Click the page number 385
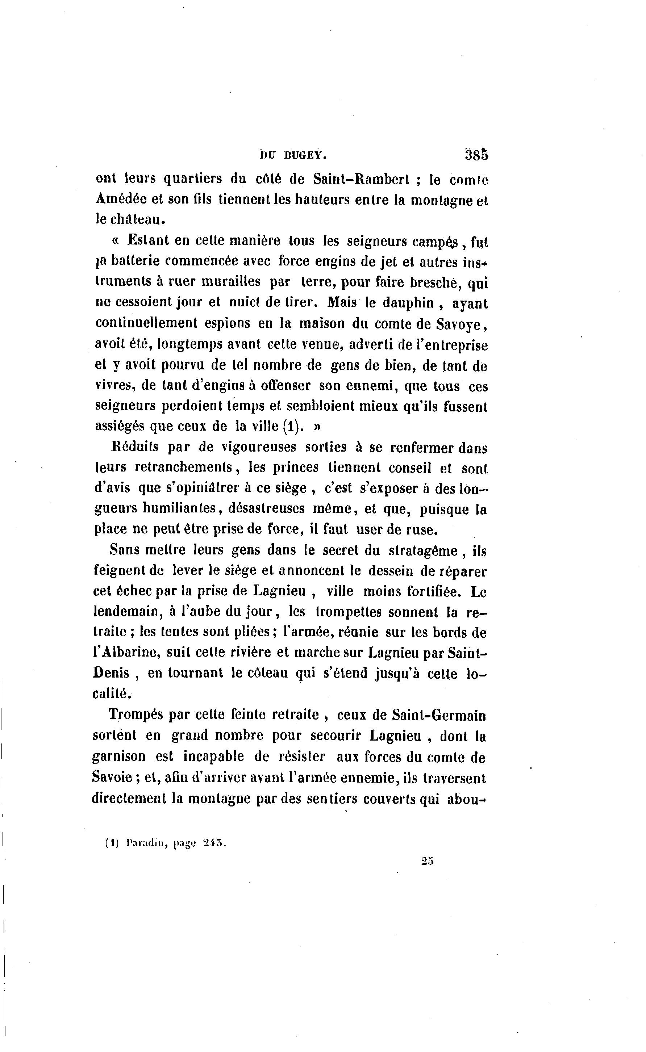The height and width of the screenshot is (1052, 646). coord(476,155)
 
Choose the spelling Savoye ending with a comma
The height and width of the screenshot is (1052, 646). coord(460,324)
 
